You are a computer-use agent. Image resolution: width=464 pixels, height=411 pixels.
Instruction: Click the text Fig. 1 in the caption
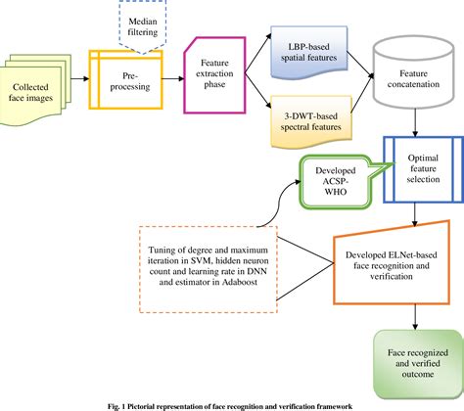[121, 404]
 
